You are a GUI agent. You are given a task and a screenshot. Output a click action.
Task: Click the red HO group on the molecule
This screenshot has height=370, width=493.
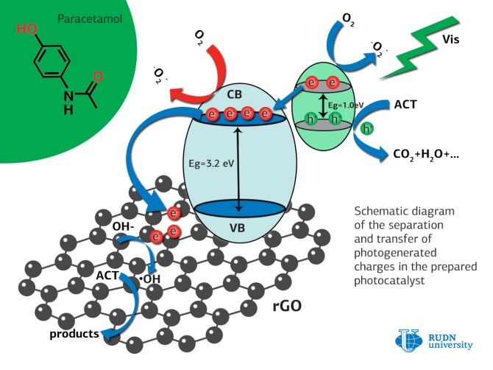[x=25, y=29]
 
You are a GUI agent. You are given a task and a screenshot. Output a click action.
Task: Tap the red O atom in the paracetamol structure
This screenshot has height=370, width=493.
[x=99, y=76]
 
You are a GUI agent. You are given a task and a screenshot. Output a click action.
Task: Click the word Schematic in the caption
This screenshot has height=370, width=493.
[x=381, y=209]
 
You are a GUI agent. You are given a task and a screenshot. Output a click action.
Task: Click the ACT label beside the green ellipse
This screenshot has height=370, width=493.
[x=405, y=104]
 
